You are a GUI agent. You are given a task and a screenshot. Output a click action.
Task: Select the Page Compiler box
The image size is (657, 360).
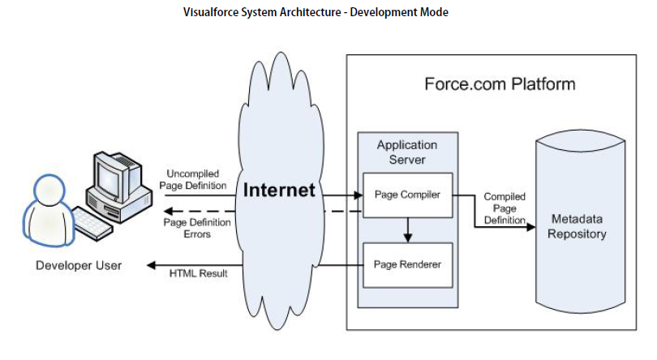coord(407,195)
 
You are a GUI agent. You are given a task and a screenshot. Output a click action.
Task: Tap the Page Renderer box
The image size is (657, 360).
coord(407,264)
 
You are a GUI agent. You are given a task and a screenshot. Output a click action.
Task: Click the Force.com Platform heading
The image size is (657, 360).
coord(500,84)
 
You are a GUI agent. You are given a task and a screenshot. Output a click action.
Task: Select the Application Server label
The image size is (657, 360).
coord(407,152)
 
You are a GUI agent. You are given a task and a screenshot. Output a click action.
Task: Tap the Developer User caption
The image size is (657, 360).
coord(79,265)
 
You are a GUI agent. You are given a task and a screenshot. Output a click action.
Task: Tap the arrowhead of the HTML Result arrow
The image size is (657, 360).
coord(151,264)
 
